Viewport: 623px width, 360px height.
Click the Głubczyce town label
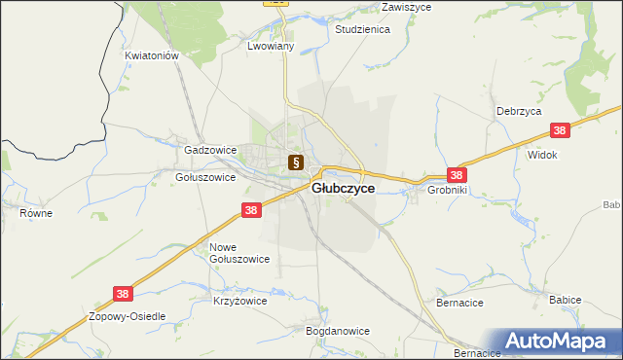[343, 189]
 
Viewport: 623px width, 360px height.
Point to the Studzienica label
[362, 30]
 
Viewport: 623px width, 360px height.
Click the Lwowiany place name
[271, 46]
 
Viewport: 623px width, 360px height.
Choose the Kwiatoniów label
[154, 56]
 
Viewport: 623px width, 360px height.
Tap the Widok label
[541, 155]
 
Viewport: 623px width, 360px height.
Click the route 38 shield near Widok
[560, 131]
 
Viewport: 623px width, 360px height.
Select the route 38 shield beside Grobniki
[458, 175]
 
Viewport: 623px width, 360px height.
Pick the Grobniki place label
[447, 191]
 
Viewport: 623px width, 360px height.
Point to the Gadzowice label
[210, 151]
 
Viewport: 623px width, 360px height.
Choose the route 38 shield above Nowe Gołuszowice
[251, 210]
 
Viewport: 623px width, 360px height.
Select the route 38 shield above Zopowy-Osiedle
[121, 292]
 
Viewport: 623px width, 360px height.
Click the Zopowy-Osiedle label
[128, 317]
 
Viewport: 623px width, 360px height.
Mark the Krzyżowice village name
[239, 302]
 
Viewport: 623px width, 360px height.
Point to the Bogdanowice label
[338, 331]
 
